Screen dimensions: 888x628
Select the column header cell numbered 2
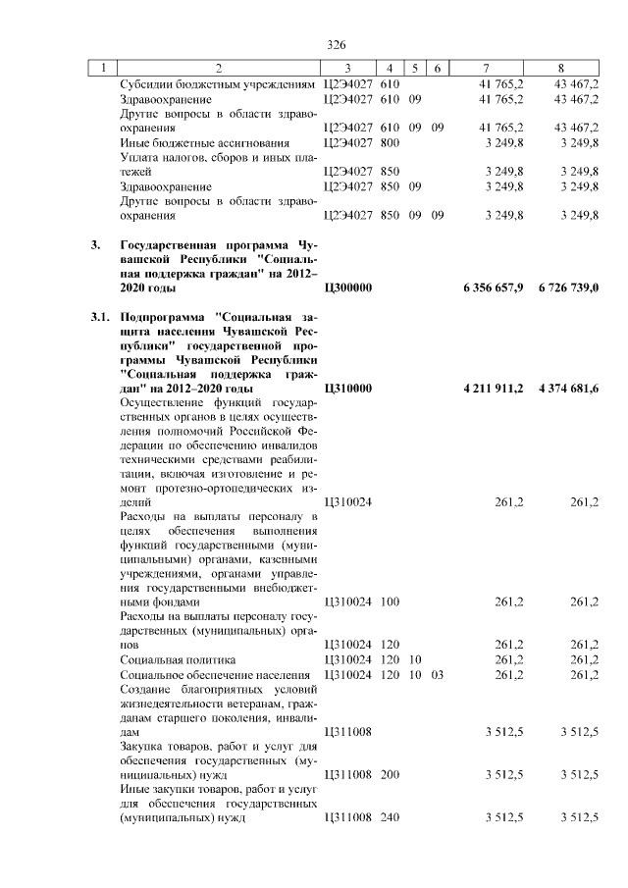[x=219, y=68]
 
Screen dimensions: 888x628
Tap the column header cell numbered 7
[x=487, y=68]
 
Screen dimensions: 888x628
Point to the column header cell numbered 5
[x=415, y=68]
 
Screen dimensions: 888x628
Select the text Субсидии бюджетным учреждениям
[x=217, y=85]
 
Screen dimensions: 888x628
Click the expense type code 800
[x=389, y=142]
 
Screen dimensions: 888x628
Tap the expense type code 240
[x=389, y=817]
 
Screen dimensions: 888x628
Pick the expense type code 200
[x=389, y=774]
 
